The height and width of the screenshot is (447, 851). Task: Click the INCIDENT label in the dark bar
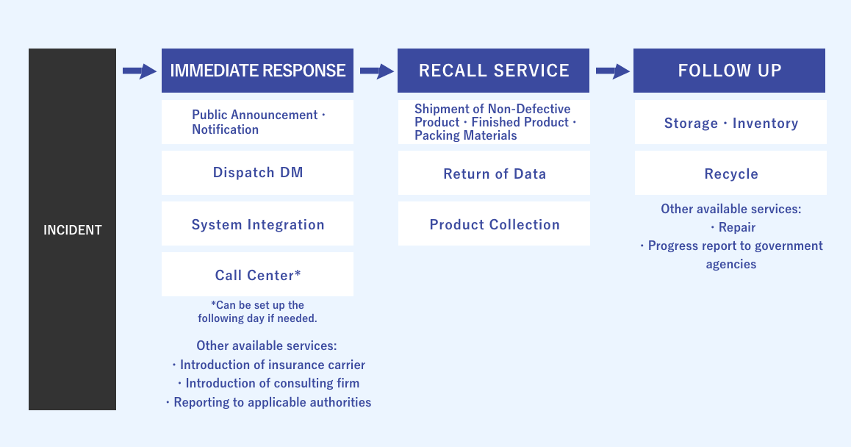point(72,230)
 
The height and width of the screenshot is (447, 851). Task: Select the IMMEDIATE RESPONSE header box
point(257,71)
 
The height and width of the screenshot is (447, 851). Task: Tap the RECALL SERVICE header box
point(493,71)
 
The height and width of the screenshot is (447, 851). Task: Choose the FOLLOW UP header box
point(729,71)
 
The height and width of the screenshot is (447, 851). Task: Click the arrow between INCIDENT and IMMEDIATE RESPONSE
point(139,71)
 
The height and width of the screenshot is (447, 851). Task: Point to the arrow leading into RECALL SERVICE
point(376,71)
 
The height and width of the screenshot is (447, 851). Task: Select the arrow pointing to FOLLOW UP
point(612,71)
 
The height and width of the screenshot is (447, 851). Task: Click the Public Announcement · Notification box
point(257,122)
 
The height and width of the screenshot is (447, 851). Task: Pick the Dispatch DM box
point(257,173)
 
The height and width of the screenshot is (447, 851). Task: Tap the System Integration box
point(257,224)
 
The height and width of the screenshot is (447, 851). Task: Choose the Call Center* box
point(257,275)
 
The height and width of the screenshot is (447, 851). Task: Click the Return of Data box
point(494,174)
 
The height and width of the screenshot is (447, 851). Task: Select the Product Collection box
point(494,224)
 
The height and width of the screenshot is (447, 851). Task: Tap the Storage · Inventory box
point(730,123)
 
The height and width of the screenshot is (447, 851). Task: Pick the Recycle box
point(730,174)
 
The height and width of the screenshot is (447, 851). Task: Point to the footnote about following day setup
point(257,312)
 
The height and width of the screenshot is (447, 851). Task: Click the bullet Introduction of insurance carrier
point(268,365)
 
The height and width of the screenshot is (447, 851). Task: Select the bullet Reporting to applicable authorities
point(268,402)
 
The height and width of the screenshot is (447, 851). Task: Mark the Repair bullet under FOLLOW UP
point(733,227)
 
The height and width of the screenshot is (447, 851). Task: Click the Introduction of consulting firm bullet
point(268,383)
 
